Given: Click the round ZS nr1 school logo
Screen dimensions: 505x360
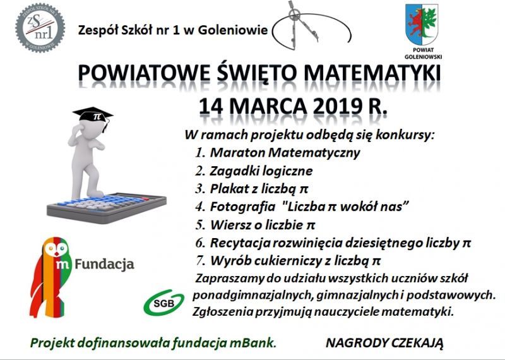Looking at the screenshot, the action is pos(40,28).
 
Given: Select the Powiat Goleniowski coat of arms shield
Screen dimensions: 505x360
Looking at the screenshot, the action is pos(422,24).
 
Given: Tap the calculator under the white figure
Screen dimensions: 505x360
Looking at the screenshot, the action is pos(107,207).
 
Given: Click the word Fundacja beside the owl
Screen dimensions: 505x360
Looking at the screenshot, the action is pos(104,265).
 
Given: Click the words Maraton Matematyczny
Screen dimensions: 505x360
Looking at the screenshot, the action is pos(285,152).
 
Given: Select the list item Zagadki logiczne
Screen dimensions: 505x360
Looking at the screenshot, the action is pos(261,171).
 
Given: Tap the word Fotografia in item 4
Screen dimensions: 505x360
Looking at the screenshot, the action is pos(242,207).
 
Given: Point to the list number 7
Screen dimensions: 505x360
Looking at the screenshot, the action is pos(200,260).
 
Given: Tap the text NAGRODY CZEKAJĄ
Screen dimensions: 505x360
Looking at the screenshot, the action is pos(384,343).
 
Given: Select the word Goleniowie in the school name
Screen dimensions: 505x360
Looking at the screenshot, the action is pos(233,30).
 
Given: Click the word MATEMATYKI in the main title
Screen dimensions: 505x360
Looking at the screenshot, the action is pos(372,73).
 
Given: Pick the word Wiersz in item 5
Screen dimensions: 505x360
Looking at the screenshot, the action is pos(230,225).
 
